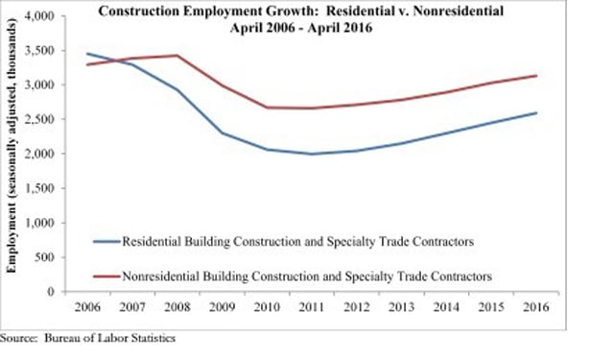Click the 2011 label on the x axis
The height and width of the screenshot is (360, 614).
point(312,307)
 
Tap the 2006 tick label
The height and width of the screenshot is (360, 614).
point(87,307)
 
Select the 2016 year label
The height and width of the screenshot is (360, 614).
point(536,307)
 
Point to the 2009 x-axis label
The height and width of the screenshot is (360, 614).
point(222,307)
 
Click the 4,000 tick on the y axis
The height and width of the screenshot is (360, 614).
point(40,16)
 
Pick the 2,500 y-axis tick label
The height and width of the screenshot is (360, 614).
point(40,119)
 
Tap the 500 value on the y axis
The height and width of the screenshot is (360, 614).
point(45,257)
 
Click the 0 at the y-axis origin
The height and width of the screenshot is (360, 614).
point(51,292)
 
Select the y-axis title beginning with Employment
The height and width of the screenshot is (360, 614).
point(12,147)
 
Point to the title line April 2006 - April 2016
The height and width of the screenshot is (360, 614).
point(300,28)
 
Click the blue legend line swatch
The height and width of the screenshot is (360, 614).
point(106,242)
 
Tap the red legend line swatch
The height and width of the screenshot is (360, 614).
point(106,276)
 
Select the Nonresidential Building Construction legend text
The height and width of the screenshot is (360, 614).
point(307,276)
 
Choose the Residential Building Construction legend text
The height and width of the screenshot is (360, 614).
point(298,242)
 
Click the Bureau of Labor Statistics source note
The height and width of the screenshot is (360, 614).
point(87,338)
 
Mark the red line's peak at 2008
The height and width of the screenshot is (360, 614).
point(177,56)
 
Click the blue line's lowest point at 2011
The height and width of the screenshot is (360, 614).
point(312,154)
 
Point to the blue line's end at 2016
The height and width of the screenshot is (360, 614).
point(536,113)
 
